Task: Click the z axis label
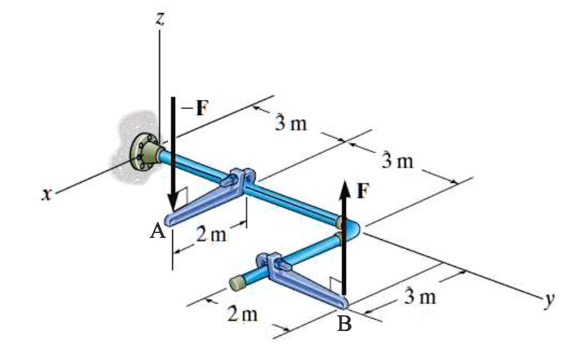pos(159,19)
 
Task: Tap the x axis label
pos(46,196)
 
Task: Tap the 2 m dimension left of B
pos(243,314)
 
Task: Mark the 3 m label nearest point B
pos(419,297)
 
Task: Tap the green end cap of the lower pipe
pos(238,283)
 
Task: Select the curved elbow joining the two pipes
pos(348,228)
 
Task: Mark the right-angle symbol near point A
pos(181,203)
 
